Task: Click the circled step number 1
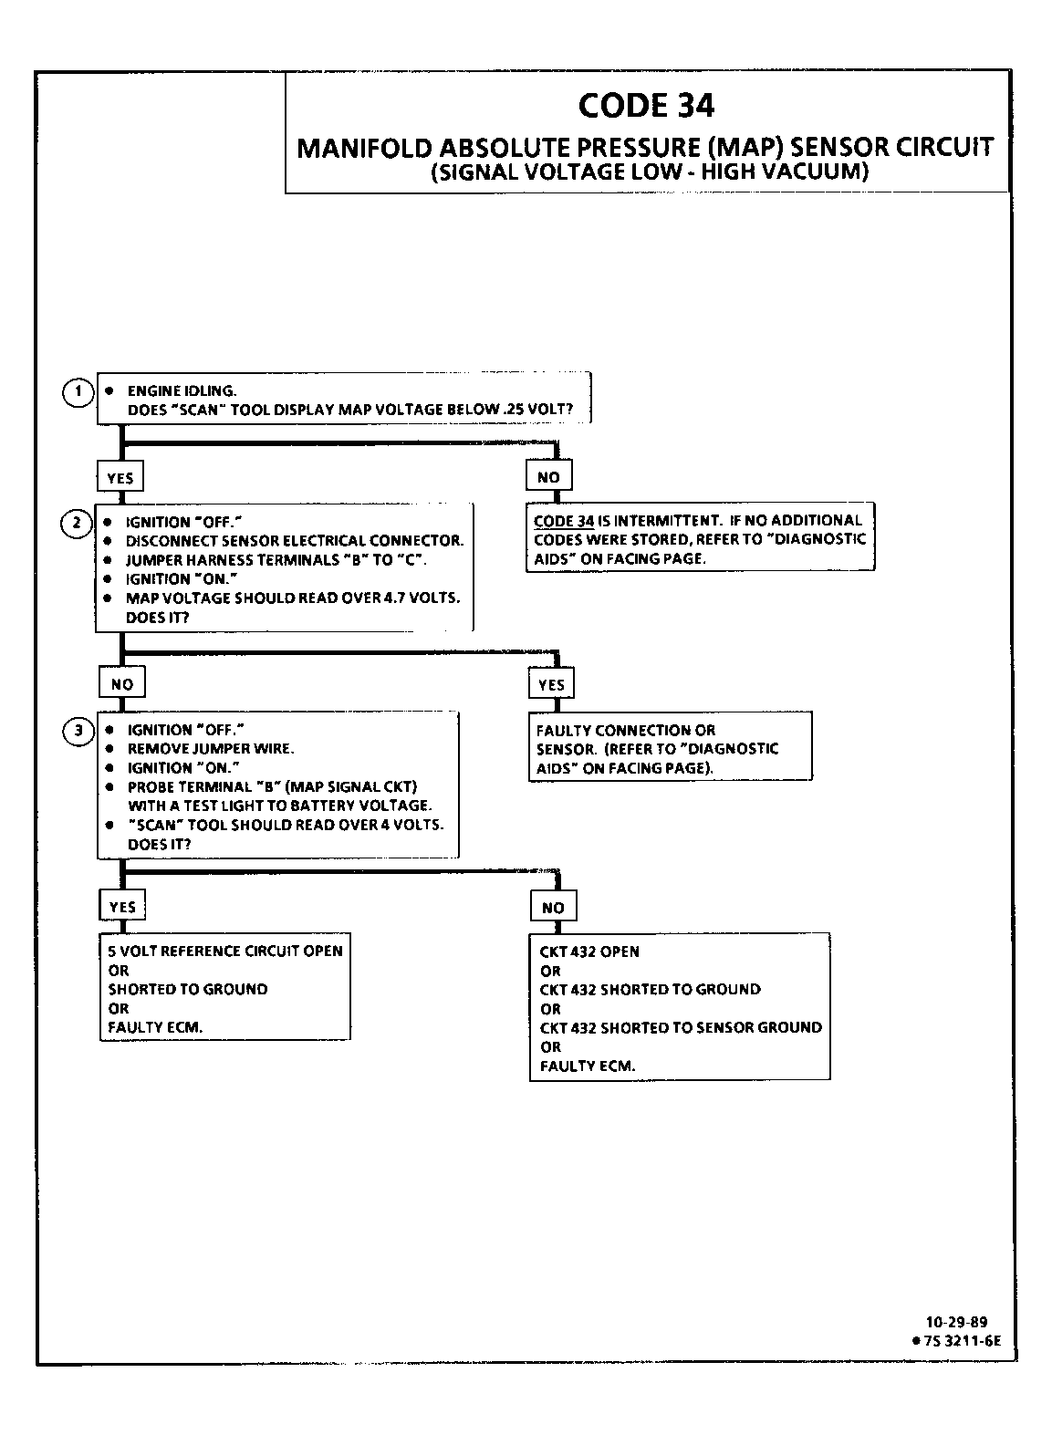[78, 393]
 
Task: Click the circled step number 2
[77, 523]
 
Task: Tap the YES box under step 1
[120, 477]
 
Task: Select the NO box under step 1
[548, 477]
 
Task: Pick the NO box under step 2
[122, 684]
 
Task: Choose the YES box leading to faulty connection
[551, 685]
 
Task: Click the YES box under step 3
[122, 907]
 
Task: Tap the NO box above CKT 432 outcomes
[553, 908]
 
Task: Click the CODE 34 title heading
[646, 106]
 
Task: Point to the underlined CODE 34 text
[564, 521]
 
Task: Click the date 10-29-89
[956, 1322]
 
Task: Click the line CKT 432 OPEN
[589, 951]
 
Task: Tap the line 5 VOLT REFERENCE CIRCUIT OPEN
[225, 951]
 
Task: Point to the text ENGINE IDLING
[182, 391]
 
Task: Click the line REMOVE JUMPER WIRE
[210, 749]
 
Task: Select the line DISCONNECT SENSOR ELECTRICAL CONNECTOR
[295, 541]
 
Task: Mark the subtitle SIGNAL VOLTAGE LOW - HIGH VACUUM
[648, 172]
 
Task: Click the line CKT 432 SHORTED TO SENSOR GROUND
[681, 1027]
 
